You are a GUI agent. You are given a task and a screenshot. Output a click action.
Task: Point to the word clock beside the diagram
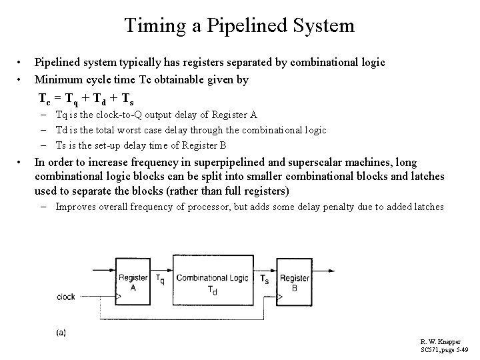point(67,297)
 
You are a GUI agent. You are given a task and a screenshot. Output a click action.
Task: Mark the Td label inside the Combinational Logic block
point(212,291)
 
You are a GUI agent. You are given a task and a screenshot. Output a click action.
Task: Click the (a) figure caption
point(61,331)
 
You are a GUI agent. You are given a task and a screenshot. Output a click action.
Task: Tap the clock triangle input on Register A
point(120,297)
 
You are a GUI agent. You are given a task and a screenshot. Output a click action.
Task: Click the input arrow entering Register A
point(110,278)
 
